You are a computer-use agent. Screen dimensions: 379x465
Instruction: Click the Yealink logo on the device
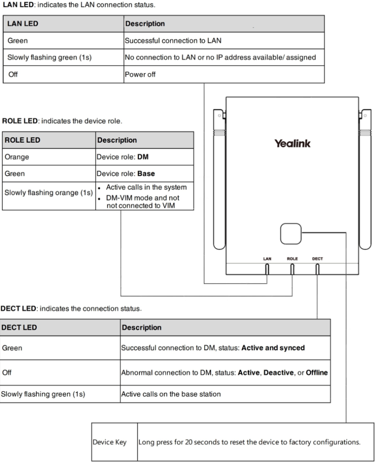tap(292, 143)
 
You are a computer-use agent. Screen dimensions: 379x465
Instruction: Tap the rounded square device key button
tap(290, 234)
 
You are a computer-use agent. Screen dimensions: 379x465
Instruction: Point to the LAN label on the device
tap(267, 258)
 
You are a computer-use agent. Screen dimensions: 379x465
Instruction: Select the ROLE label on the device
tap(292, 258)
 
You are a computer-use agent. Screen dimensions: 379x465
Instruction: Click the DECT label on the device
tap(317, 258)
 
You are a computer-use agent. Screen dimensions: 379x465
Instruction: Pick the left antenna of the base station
tap(219, 179)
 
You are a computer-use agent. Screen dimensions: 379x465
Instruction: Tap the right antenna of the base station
tap(365, 179)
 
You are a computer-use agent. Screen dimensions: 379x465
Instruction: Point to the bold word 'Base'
tap(146, 173)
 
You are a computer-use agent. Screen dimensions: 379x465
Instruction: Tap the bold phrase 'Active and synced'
tap(273, 347)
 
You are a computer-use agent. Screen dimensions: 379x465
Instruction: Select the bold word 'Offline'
tap(317, 372)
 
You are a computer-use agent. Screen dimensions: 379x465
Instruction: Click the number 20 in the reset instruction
tap(188, 442)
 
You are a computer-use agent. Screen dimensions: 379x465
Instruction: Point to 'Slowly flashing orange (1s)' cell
tap(49, 193)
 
